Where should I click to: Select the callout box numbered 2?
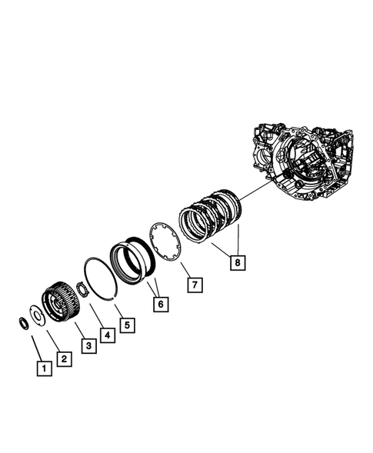coord(64,358)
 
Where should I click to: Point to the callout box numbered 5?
coord(127,325)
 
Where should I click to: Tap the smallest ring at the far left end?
coord(24,321)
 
